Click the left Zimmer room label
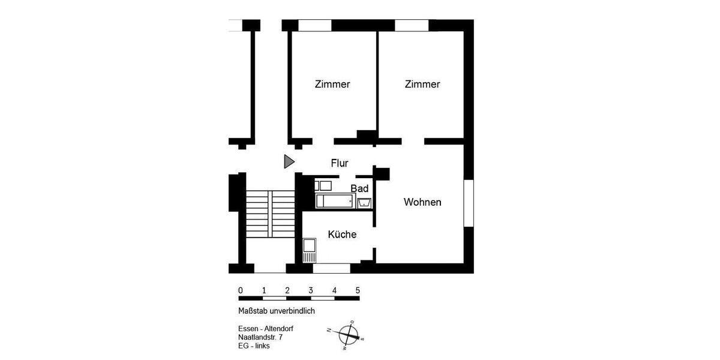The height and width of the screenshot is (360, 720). [x=332, y=84]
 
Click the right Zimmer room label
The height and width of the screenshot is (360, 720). [x=422, y=84]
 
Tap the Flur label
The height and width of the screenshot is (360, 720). [x=340, y=163]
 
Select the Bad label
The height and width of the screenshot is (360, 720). [x=359, y=188]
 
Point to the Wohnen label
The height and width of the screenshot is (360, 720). [x=422, y=202]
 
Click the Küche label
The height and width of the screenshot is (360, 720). [x=342, y=234]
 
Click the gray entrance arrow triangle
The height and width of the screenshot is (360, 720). [x=289, y=161]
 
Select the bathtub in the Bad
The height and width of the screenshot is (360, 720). [x=335, y=201]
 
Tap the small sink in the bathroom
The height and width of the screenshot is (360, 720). [x=364, y=203]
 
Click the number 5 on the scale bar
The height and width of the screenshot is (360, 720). [x=358, y=290]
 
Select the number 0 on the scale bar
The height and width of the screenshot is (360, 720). [x=240, y=290]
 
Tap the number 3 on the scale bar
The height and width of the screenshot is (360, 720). [x=311, y=290]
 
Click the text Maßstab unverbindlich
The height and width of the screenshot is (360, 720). [x=276, y=311]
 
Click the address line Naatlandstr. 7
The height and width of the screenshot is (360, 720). [x=260, y=338]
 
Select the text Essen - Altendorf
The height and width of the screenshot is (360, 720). [x=266, y=329]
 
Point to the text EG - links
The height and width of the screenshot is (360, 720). [x=254, y=347]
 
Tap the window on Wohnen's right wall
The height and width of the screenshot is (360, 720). [x=469, y=203]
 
